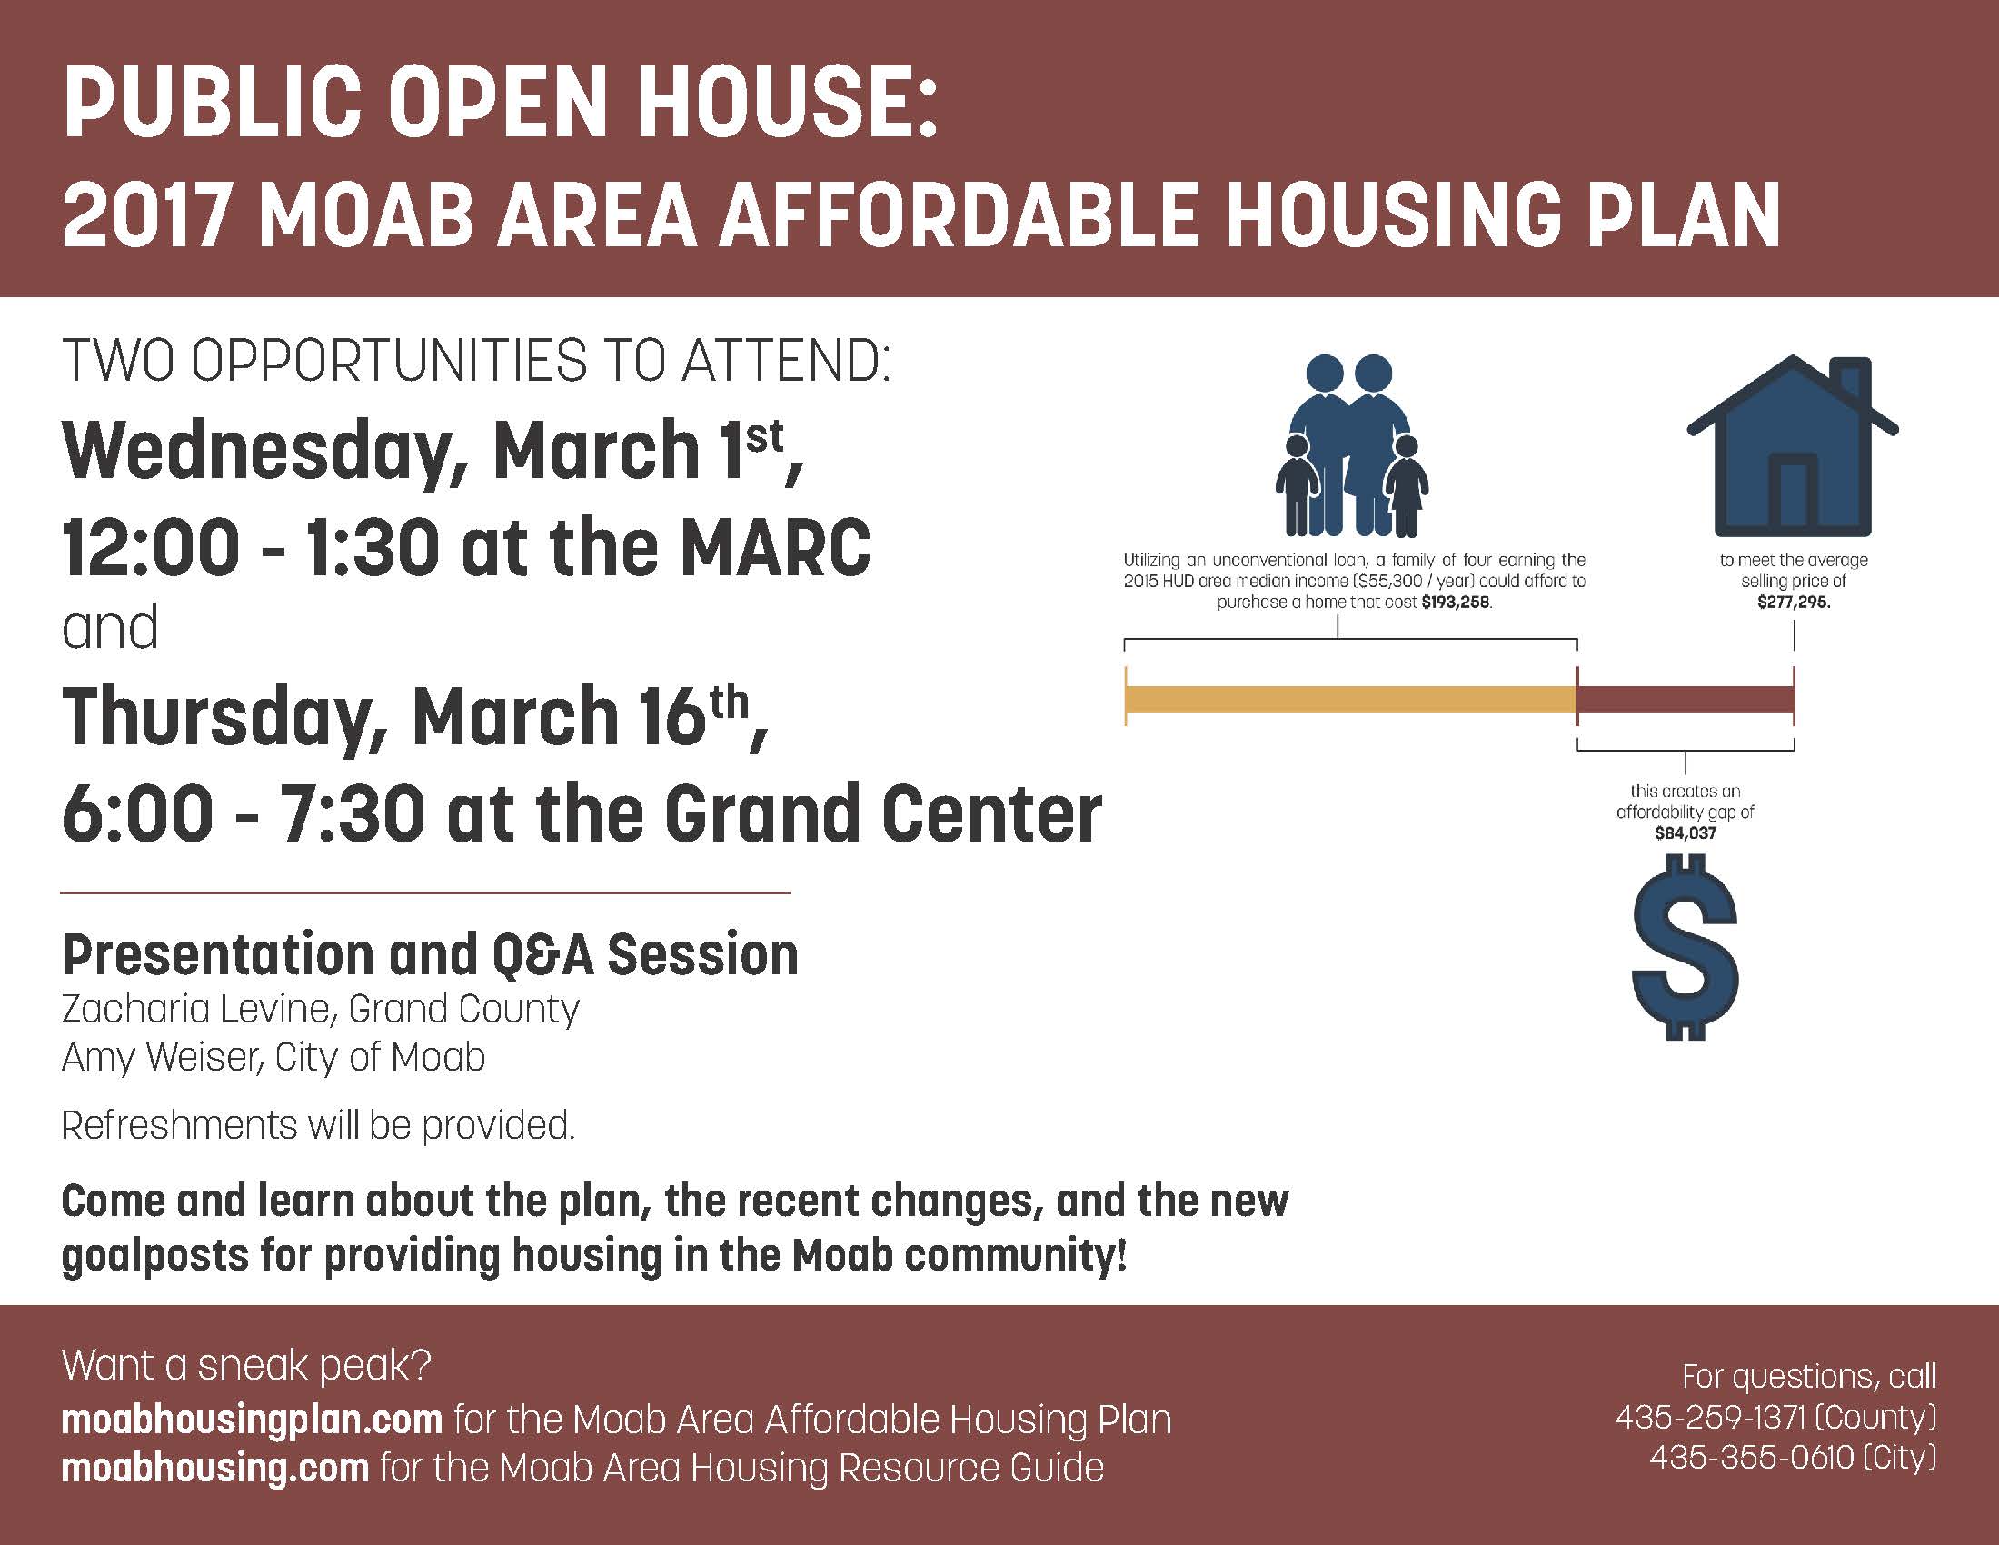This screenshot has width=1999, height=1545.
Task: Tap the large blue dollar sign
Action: (1685, 946)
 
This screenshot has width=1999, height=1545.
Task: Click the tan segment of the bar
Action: (1350, 699)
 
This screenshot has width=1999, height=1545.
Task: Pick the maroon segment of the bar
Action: (1685, 699)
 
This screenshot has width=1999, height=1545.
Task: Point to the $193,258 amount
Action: (1457, 603)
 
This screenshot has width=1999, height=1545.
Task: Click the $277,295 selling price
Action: (1793, 603)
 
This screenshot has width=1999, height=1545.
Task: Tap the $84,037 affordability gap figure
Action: (1685, 832)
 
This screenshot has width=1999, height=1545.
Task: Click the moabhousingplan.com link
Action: (252, 1420)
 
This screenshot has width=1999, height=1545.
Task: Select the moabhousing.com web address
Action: (215, 1467)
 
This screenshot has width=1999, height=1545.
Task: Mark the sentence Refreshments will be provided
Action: (318, 1125)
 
